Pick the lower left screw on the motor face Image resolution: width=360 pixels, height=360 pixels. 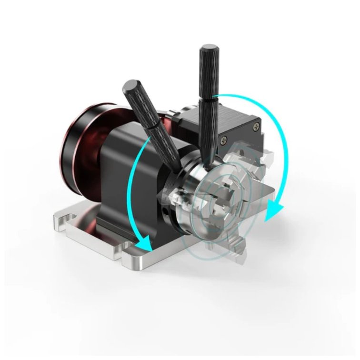coord(223,140)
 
